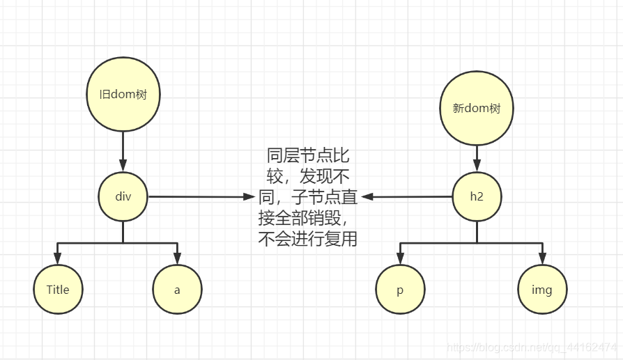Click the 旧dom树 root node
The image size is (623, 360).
(x=123, y=96)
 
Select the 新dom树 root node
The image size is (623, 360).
(x=477, y=109)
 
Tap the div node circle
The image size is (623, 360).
(x=123, y=196)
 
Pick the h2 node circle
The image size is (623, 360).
(x=477, y=196)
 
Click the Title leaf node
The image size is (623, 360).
(x=58, y=290)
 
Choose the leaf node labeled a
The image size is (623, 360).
(x=177, y=290)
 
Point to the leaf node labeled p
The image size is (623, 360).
(x=400, y=290)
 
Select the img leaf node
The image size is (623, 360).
(x=542, y=290)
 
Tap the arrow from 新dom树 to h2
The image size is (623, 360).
(x=477, y=158)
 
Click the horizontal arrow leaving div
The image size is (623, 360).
(x=202, y=197)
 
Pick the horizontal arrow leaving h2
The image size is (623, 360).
(x=408, y=197)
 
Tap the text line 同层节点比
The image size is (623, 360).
(x=308, y=155)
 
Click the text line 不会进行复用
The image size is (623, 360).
(x=307, y=240)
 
